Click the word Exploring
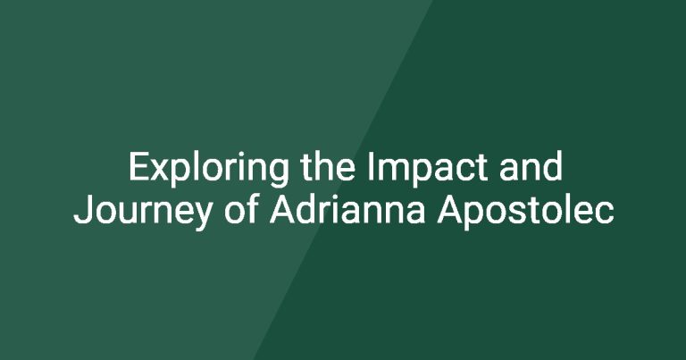pyautogui.click(x=208, y=168)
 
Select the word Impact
pyautogui.click(x=428, y=169)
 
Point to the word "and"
pyautogui.click(x=531, y=166)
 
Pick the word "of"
pyautogui.click(x=240, y=210)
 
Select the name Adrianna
pyautogui.click(x=347, y=210)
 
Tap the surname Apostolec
pyautogui.click(x=525, y=213)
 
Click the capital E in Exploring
pyautogui.click(x=139, y=166)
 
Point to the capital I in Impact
pyautogui.click(x=371, y=166)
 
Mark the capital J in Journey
pyautogui.click(x=82, y=210)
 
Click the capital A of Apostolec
pyautogui.click(x=450, y=210)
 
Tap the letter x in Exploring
pyautogui.click(x=161, y=170)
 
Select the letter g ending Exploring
pyautogui.click(x=278, y=173)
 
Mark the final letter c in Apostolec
pyautogui.click(x=605, y=213)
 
